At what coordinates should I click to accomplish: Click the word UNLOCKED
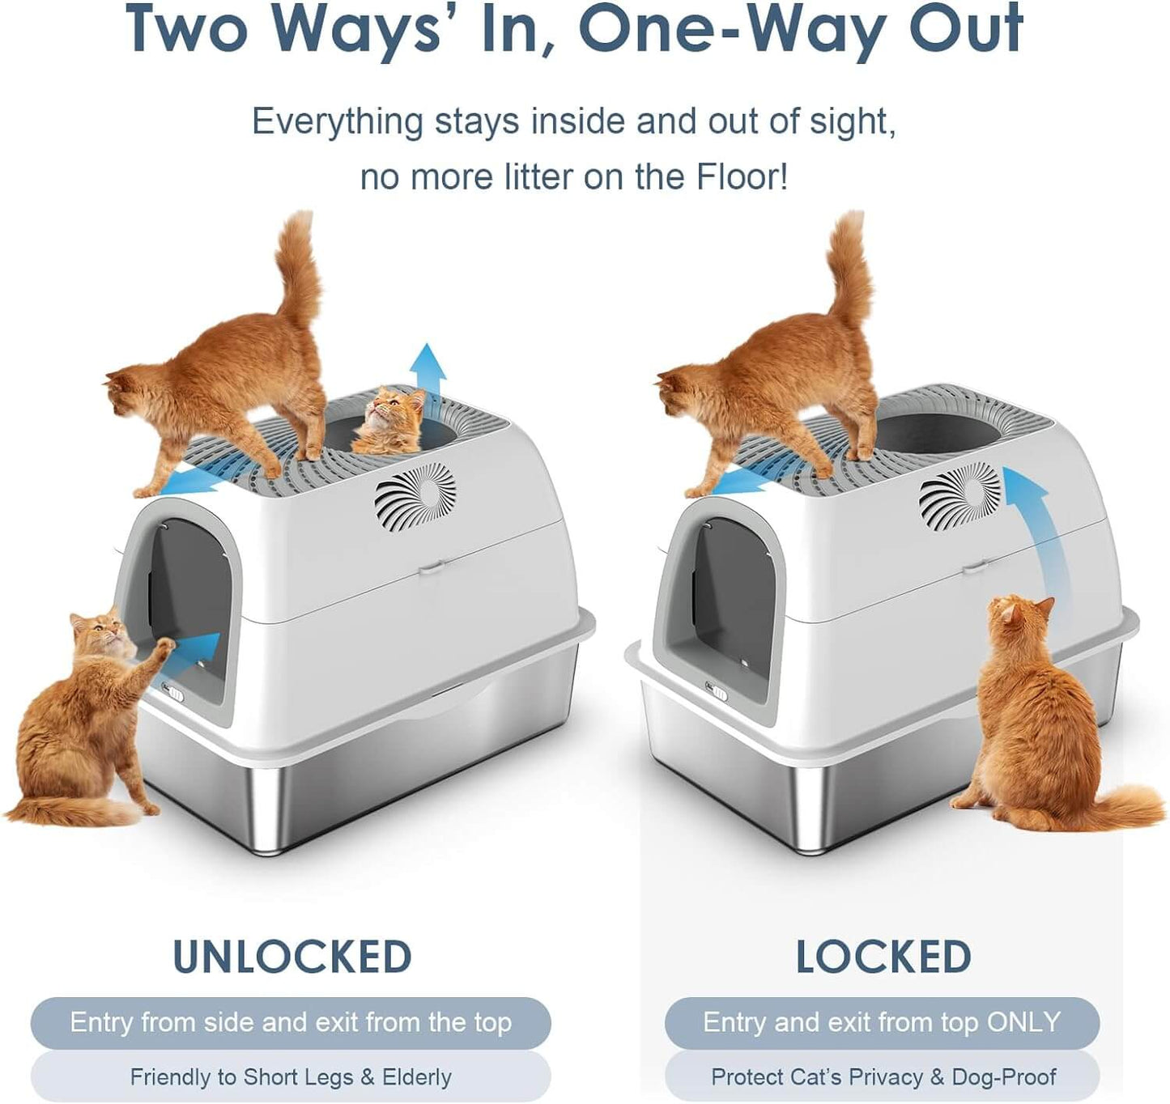click(292, 957)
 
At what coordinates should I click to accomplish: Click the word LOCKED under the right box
click(883, 957)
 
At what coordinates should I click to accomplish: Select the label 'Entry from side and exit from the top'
click(291, 1022)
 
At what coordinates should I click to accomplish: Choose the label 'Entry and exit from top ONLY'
click(882, 1022)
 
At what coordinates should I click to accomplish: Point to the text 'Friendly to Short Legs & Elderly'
click(291, 1077)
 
